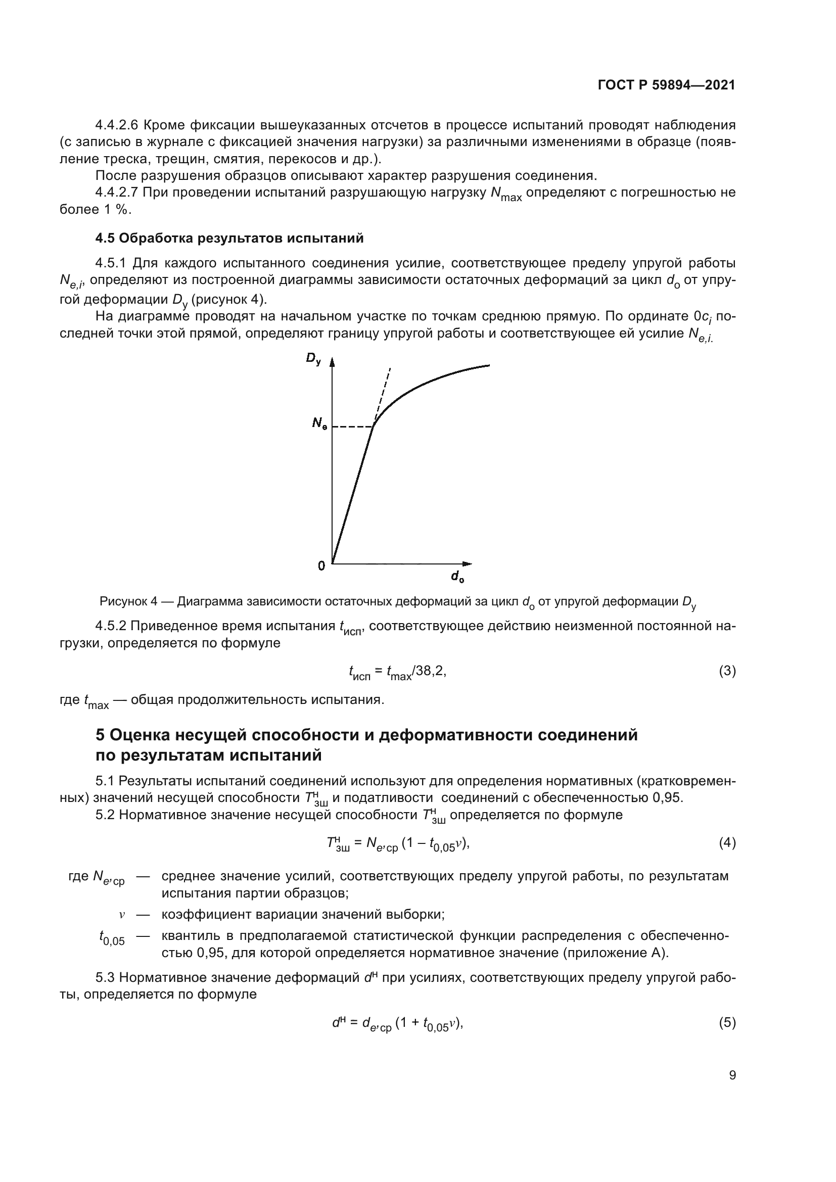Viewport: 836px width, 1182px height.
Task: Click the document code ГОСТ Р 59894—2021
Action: (x=666, y=85)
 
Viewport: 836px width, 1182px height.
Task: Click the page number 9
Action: (x=732, y=1075)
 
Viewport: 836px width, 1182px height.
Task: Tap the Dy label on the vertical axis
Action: (x=313, y=359)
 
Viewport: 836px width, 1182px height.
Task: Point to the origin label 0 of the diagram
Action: (x=321, y=566)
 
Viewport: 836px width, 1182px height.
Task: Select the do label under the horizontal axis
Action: (x=457, y=577)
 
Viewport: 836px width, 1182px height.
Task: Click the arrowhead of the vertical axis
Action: (x=332, y=362)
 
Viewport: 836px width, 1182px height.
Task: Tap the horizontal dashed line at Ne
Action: (x=352, y=427)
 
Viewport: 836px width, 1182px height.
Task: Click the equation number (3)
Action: (x=727, y=671)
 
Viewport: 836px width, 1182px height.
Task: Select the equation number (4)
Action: (x=727, y=843)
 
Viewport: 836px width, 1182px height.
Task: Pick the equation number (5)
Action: (x=727, y=1022)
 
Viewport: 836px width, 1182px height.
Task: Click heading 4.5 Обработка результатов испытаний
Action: (x=229, y=239)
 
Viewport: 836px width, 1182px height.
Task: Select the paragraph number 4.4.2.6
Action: (x=116, y=125)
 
